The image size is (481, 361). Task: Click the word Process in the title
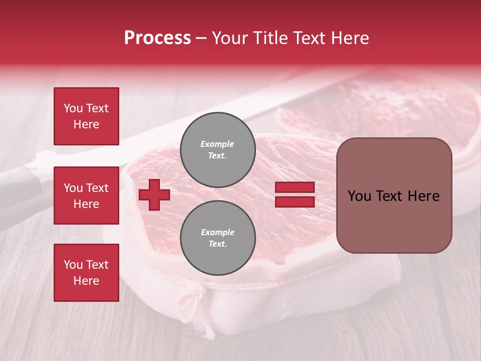157,38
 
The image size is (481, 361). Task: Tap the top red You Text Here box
86,116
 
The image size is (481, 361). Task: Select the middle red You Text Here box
86,196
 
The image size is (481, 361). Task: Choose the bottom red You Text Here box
86,272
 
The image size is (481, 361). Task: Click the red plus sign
154,195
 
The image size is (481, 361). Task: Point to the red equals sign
295,195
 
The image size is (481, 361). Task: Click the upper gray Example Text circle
217,150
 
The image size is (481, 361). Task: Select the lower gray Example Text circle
217,238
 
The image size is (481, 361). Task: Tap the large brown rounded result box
394,196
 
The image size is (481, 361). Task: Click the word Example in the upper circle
217,144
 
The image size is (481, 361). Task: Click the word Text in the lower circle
217,244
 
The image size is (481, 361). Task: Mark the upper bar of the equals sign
295,188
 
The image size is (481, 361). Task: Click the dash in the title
201,39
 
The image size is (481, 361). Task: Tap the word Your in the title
230,38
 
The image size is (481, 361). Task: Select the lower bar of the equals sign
295,202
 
